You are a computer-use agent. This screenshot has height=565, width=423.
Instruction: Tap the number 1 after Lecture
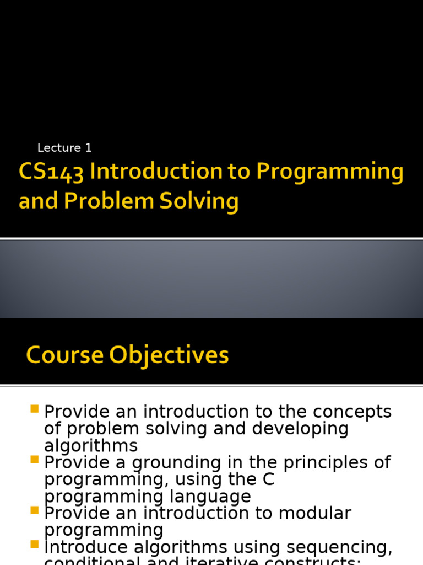point(88,148)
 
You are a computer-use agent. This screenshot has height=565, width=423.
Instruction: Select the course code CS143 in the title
point(51,173)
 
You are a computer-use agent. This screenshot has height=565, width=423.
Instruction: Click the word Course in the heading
point(64,355)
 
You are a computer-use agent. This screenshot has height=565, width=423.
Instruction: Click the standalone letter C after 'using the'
point(268,480)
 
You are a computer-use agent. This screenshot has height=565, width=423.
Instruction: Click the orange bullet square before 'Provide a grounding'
point(35,460)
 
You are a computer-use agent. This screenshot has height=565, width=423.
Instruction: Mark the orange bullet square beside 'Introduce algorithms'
point(35,544)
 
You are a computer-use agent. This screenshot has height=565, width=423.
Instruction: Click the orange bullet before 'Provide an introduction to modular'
point(35,510)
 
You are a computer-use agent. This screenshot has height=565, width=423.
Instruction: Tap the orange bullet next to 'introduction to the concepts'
point(35,409)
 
